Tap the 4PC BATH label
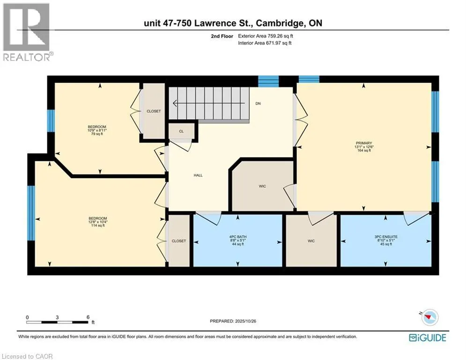point(237,237)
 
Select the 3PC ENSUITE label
point(385,237)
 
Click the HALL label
point(198,175)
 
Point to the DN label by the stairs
point(258,104)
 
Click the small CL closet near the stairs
point(181,131)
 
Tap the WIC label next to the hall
point(262,186)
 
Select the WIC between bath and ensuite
point(311,241)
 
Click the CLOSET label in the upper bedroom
point(154,111)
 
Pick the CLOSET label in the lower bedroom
point(178,241)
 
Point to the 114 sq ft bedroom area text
point(98,226)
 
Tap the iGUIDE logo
point(427,337)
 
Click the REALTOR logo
point(27,32)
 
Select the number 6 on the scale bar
point(88,317)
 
